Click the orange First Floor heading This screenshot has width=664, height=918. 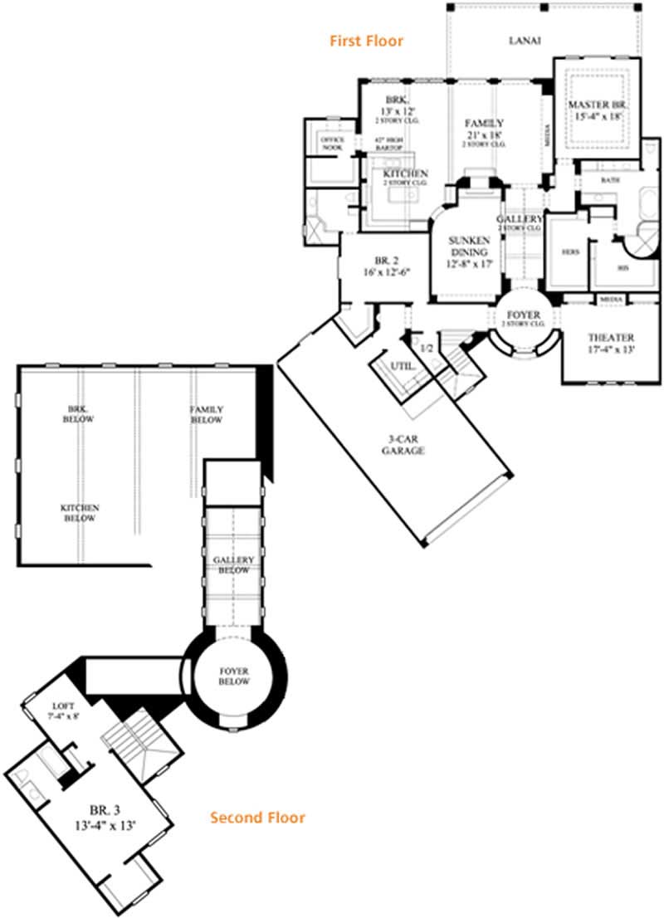point(366,40)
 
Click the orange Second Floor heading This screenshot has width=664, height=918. point(257,818)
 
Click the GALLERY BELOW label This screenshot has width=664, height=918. point(233,565)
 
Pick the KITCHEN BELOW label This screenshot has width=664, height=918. point(81,513)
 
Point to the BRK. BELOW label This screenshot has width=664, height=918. point(81,414)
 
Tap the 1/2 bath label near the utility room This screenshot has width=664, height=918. point(427,349)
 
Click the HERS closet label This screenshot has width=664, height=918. point(570,251)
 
